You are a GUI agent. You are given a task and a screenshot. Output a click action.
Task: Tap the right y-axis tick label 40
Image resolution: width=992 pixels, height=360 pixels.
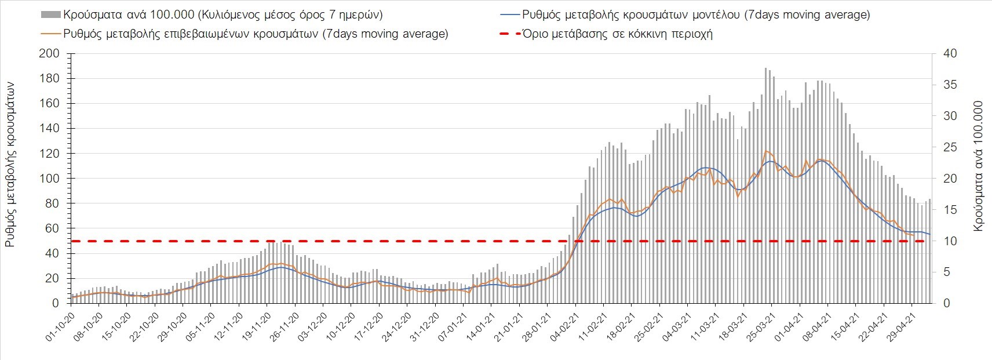click(x=950, y=54)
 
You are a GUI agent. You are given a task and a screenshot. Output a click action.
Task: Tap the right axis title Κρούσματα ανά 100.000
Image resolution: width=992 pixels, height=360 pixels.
click(x=978, y=166)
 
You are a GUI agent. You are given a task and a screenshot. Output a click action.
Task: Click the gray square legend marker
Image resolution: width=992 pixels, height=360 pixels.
click(x=50, y=14)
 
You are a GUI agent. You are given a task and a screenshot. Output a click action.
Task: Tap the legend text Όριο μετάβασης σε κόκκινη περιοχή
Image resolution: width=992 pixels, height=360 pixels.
click(x=618, y=34)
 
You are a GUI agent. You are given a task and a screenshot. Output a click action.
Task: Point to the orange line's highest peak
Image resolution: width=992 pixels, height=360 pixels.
click(x=766, y=151)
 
